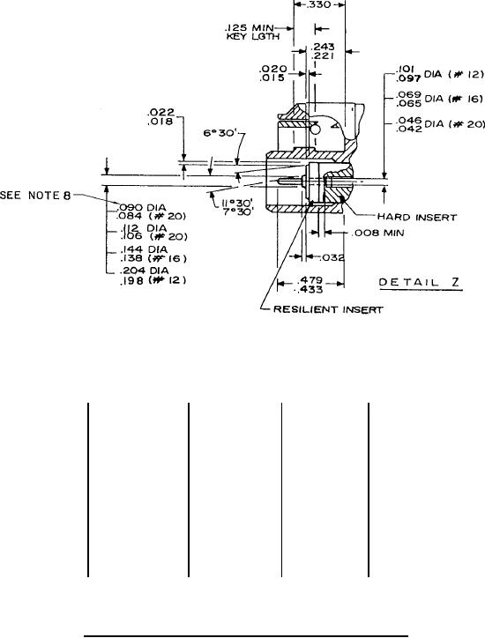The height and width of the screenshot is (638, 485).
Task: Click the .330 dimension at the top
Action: (x=319, y=5)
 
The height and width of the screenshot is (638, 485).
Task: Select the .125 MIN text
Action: (x=249, y=28)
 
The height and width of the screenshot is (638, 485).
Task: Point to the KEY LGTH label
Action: (x=253, y=36)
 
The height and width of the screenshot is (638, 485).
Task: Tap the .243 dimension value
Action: (x=323, y=47)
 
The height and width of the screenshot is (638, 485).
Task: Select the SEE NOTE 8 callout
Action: (x=35, y=196)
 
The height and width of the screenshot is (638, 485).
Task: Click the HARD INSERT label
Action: (x=417, y=217)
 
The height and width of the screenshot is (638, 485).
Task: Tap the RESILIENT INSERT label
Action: (x=328, y=309)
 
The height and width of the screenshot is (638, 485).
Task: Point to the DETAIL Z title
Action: (x=421, y=282)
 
